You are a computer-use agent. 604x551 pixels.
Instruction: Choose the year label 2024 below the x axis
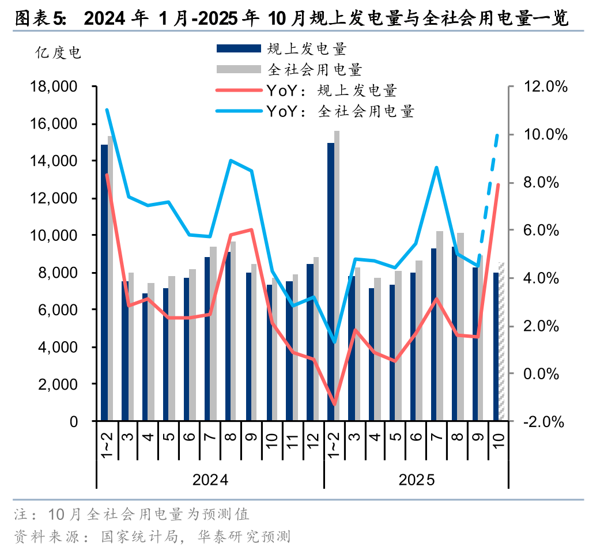tap(210, 480)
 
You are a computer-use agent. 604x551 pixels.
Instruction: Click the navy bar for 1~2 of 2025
tap(330, 282)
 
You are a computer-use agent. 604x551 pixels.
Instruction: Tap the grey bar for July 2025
tap(439, 326)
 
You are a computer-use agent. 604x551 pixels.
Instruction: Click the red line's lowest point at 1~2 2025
tap(334, 403)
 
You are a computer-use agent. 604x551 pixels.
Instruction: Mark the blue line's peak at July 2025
tap(437, 168)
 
